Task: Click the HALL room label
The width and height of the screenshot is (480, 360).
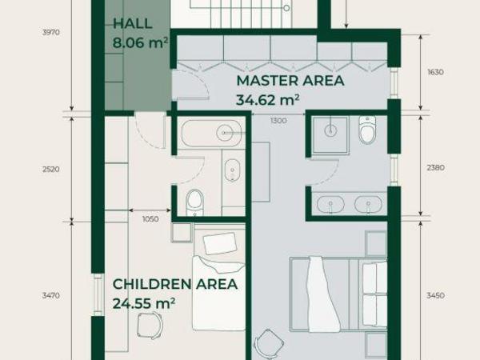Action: (x=133, y=24)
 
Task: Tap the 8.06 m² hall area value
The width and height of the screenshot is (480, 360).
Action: (x=140, y=42)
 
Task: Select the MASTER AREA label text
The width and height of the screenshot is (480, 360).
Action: (x=290, y=81)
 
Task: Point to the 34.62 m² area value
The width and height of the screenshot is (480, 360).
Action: (x=267, y=100)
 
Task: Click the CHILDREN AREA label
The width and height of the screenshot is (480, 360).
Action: (x=175, y=284)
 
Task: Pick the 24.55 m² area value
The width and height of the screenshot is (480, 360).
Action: (x=144, y=303)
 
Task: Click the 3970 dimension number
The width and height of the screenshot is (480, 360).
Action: (x=51, y=33)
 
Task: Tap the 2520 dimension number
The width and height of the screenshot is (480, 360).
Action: (x=51, y=170)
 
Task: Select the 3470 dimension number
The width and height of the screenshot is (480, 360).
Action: (x=51, y=295)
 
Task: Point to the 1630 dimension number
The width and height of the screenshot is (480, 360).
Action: (x=435, y=72)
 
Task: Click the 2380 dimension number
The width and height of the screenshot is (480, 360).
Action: (x=435, y=167)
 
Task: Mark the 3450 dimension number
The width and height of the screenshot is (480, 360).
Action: (x=435, y=295)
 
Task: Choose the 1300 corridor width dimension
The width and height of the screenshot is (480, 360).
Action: (x=278, y=121)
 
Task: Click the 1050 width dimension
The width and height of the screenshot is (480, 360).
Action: (x=150, y=219)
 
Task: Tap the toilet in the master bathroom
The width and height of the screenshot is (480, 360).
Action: (x=367, y=130)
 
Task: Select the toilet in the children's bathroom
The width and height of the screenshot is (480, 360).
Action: (x=194, y=202)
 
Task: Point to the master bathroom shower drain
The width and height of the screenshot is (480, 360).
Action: (x=330, y=130)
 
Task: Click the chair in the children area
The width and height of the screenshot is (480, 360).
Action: (x=150, y=326)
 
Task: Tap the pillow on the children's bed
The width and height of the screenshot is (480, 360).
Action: (x=220, y=243)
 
